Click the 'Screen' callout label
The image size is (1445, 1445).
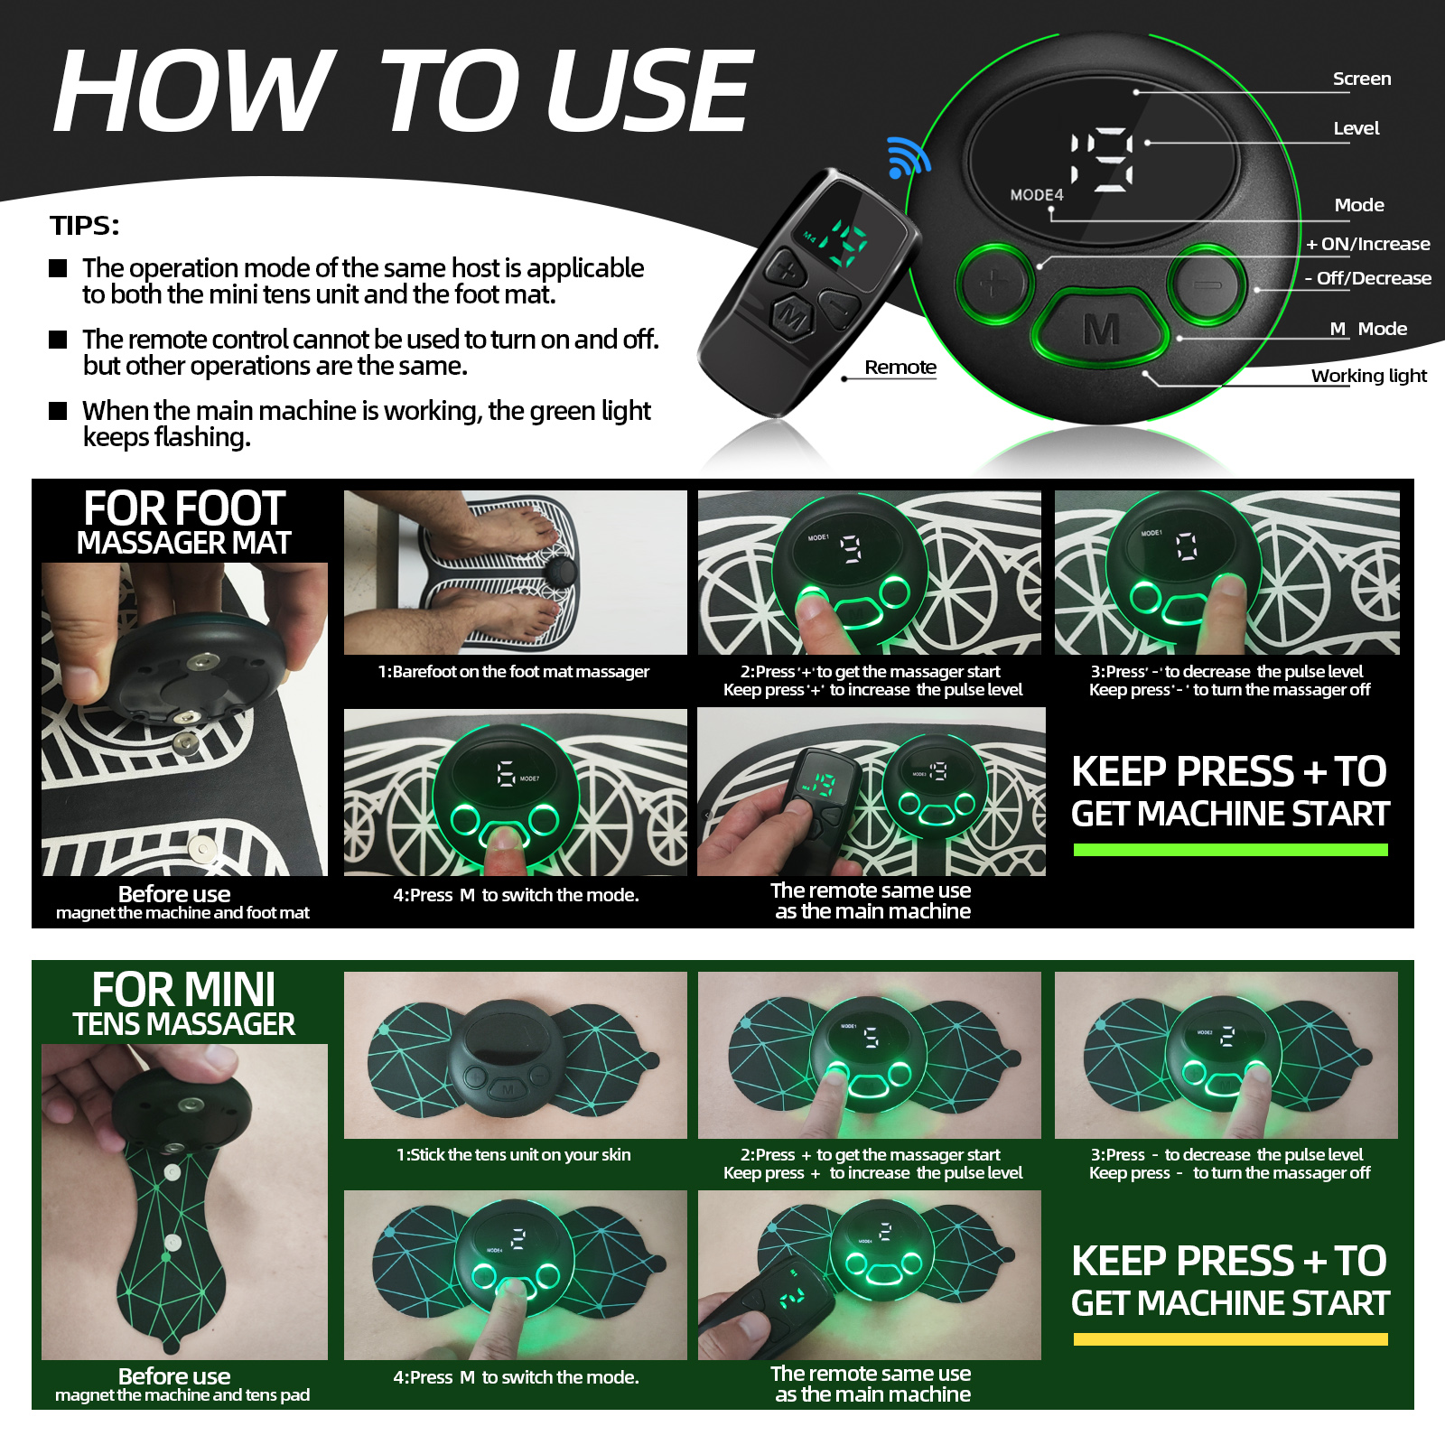click(x=1361, y=79)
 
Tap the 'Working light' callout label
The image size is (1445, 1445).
click(x=1368, y=376)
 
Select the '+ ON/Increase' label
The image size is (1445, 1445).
click(x=1367, y=244)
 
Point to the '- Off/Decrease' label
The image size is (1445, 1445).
click(x=1367, y=278)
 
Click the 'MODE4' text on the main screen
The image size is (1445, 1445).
click(x=1036, y=195)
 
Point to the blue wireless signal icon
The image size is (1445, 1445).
click(x=907, y=157)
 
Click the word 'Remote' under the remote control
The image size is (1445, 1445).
click(x=900, y=367)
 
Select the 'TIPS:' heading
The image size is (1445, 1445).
click(x=85, y=225)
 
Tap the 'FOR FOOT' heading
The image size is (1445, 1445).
click(x=184, y=508)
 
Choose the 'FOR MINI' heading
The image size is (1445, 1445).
click(x=183, y=990)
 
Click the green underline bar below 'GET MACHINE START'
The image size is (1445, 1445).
click(x=1230, y=850)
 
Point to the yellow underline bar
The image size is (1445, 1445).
click(x=1230, y=1339)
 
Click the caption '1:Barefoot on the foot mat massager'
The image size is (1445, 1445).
click(x=513, y=671)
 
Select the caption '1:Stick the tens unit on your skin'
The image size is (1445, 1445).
click(x=513, y=1154)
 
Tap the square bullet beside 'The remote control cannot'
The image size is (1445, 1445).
click(x=58, y=340)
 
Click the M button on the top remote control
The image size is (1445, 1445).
click(x=793, y=316)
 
